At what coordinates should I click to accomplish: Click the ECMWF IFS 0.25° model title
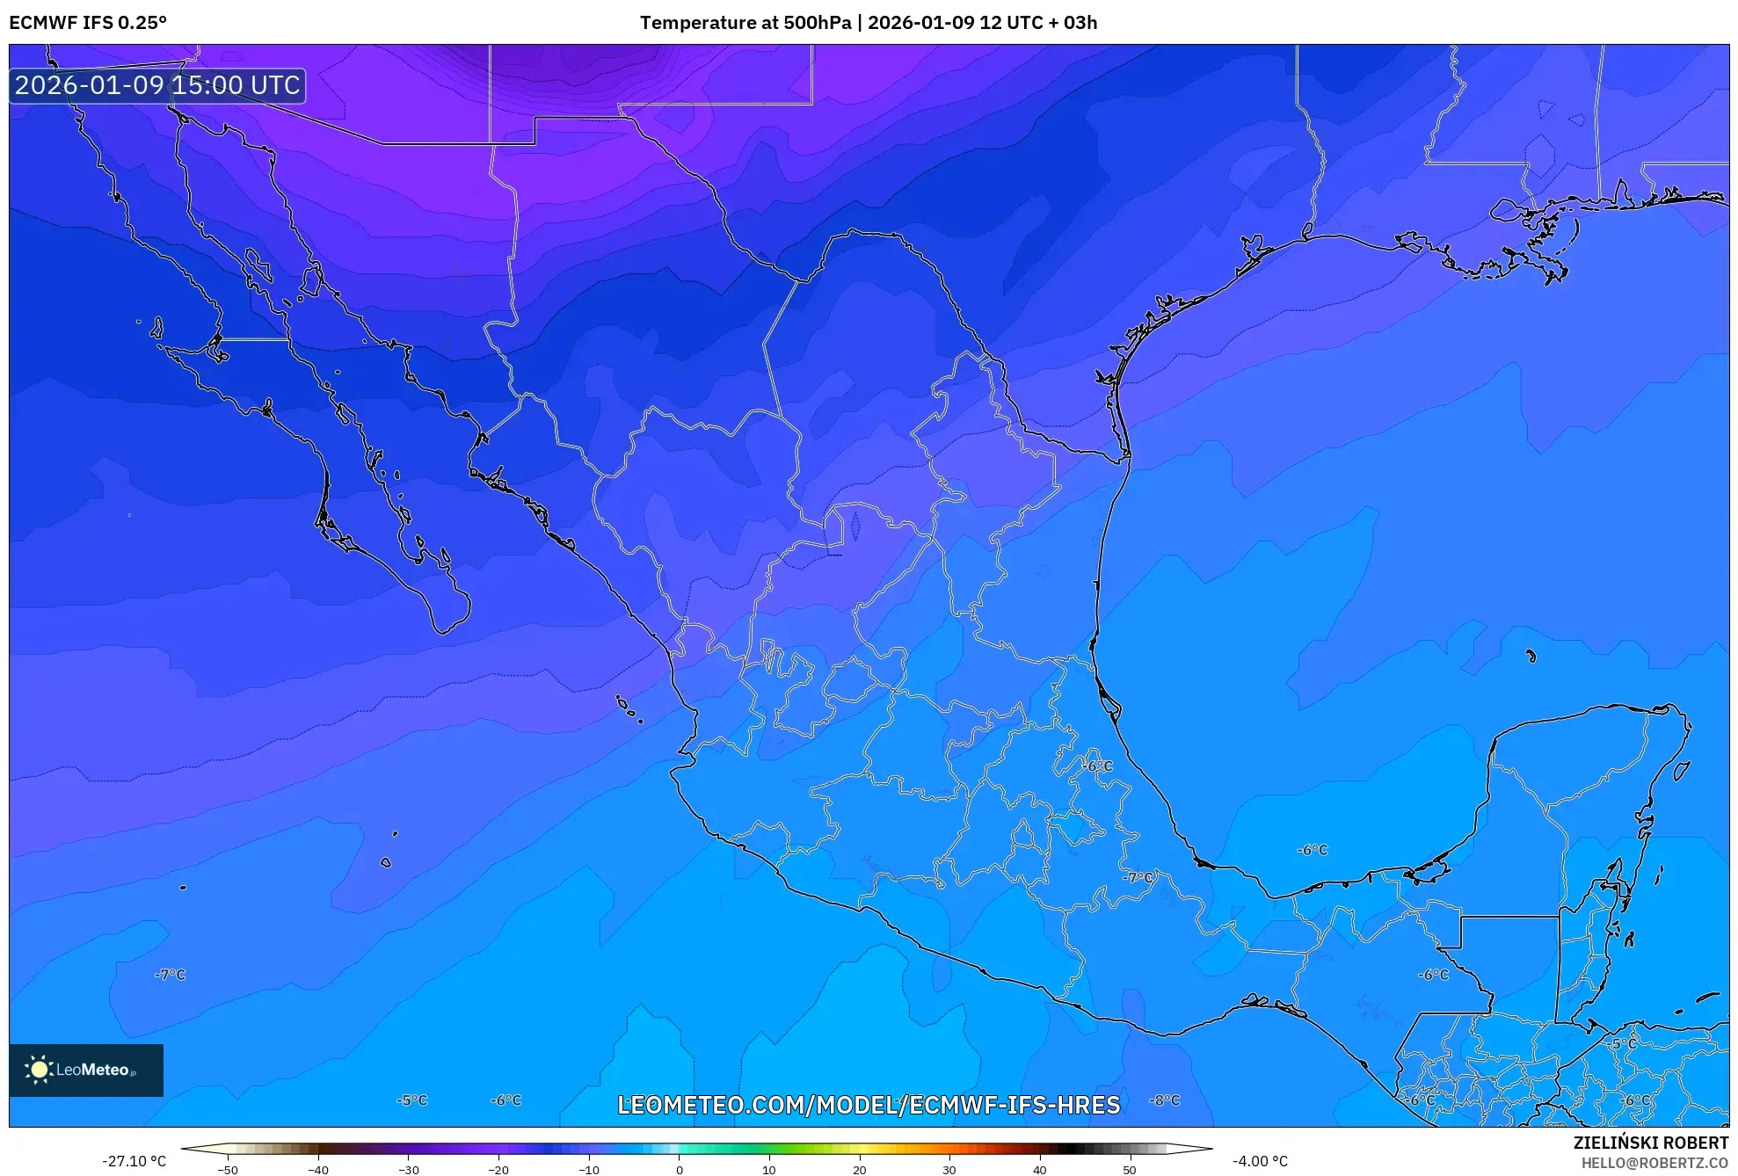(x=88, y=23)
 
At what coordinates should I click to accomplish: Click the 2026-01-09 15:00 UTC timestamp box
(x=157, y=85)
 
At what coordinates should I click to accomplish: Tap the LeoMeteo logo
(x=86, y=1070)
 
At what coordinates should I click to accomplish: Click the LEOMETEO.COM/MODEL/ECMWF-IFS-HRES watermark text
(x=869, y=1105)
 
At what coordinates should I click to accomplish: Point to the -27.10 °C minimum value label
(x=134, y=1161)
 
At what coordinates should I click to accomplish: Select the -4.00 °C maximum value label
(x=1260, y=1161)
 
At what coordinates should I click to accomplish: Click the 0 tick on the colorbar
(x=679, y=1169)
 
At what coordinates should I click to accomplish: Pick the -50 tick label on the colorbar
(x=228, y=1170)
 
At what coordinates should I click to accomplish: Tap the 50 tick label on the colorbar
(x=1129, y=1170)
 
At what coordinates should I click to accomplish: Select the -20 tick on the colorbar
(x=498, y=1169)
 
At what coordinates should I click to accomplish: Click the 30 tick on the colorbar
(x=949, y=1169)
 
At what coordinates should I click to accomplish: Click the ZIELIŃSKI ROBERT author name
(x=1650, y=1143)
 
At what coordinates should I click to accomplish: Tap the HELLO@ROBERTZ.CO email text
(x=1654, y=1163)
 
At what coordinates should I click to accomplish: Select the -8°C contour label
(x=1165, y=1100)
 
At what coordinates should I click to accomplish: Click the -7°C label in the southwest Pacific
(x=171, y=975)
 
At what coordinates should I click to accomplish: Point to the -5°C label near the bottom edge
(x=411, y=1100)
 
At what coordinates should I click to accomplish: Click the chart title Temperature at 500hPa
(x=745, y=23)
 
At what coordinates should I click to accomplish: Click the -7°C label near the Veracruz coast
(x=1138, y=877)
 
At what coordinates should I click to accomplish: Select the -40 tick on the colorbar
(x=318, y=1169)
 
